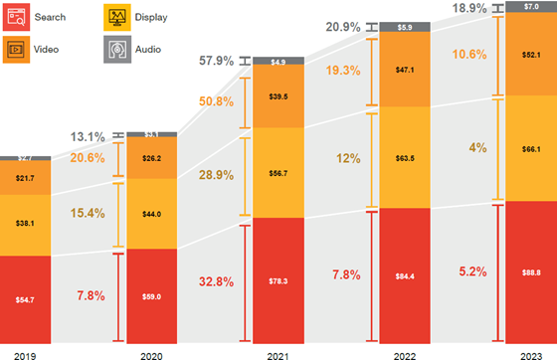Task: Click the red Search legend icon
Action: pos(17,17)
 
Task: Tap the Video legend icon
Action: pos(17,48)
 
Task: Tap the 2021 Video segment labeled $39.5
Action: pos(278,96)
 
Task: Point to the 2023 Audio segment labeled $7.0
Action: pos(531,6)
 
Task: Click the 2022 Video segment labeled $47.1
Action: pos(405,71)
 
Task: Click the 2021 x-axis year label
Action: pos(278,351)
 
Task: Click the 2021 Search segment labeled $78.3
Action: pos(278,280)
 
